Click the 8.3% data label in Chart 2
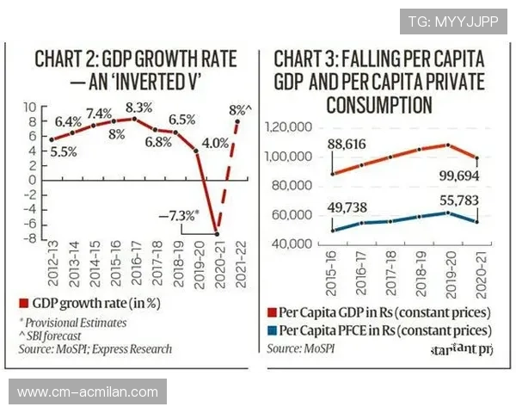138,108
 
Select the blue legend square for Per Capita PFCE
273,330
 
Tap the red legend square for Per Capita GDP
273,312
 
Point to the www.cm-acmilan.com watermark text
88,392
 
